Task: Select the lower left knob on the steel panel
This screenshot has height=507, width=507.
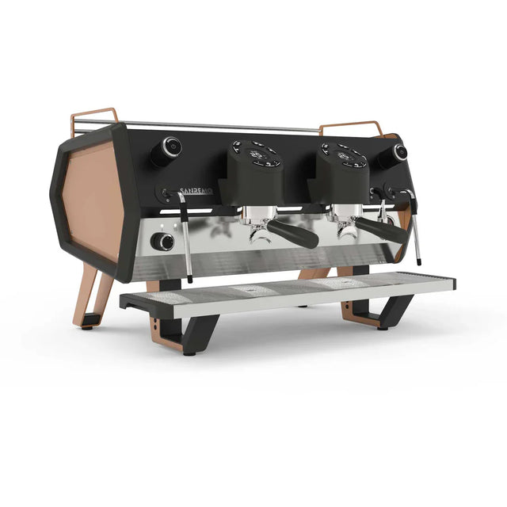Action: click(164, 242)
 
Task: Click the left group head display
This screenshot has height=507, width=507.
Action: click(256, 154)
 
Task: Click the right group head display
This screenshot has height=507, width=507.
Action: click(344, 155)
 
